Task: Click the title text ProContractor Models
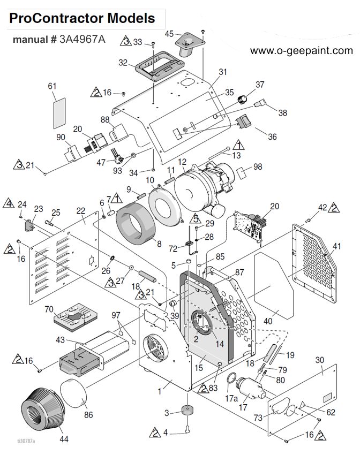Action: click(x=82, y=18)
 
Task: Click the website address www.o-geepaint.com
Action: click(x=302, y=51)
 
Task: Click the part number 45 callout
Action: click(x=169, y=34)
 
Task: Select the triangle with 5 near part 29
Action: click(x=196, y=218)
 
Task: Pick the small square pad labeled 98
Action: click(x=242, y=172)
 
